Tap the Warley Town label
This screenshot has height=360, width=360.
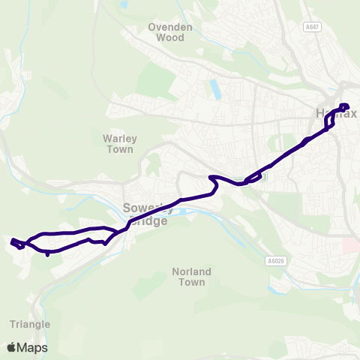click(x=118, y=143)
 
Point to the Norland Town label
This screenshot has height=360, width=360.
click(x=192, y=277)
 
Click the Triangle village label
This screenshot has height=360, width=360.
click(x=31, y=324)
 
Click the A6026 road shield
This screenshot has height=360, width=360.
click(x=277, y=260)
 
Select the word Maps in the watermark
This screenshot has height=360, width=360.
click(x=34, y=347)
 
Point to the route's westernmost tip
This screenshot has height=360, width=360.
click(x=12, y=241)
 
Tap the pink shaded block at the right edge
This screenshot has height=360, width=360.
click(x=352, y=245)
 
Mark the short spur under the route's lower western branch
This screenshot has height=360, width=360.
click(x=48, y=253)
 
